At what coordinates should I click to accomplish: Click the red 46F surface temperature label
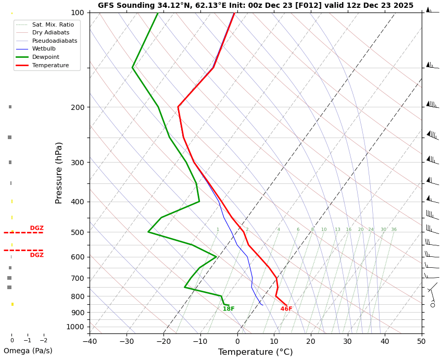286,309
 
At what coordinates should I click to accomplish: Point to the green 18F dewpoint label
229,309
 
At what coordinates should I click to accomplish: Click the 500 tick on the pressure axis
77,232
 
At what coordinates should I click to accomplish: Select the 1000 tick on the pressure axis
75,327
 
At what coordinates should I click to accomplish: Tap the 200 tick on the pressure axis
77,107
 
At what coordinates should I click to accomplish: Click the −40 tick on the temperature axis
90,342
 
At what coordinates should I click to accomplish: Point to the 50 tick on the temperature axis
421,342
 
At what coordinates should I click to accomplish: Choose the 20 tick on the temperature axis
311,342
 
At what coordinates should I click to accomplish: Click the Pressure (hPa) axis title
59,172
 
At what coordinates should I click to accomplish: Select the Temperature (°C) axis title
255,352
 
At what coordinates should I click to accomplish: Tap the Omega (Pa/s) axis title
28,351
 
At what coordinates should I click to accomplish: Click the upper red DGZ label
36,228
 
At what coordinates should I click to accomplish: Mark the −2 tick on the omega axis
43,340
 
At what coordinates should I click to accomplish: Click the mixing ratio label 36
394,230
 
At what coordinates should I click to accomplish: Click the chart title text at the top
255,6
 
